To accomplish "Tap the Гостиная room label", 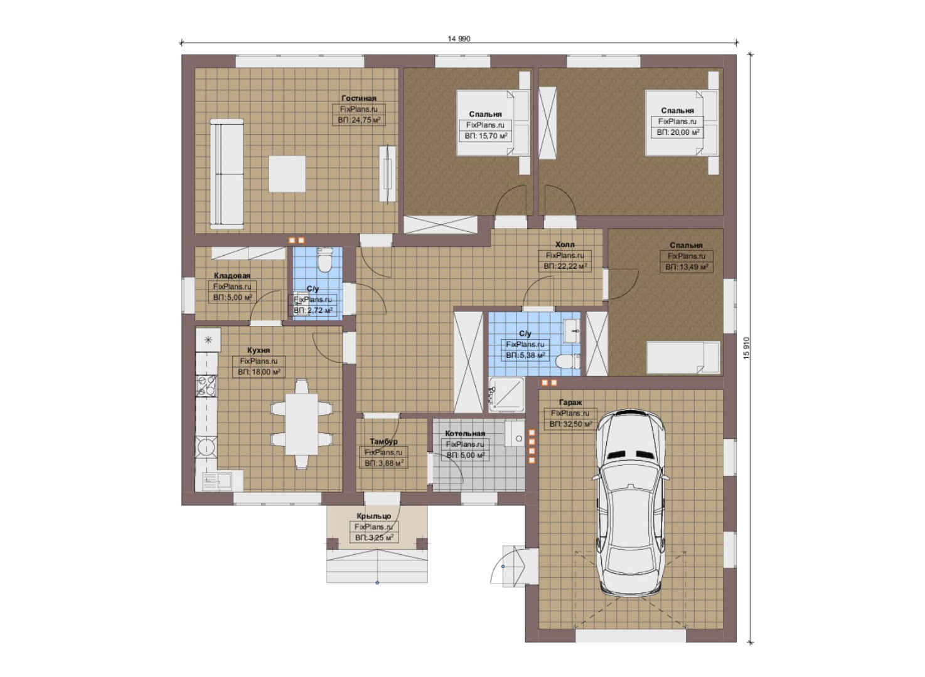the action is [x=359, y=98].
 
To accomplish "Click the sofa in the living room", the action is [x=227, y=174].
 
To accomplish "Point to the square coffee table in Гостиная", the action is [x=287, y=174].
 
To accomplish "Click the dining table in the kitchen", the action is [x=301, y=424].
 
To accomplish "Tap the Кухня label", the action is [x=259, y=350].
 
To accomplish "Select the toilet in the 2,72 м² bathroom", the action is [x=326, y=260].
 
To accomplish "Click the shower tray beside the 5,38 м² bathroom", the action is [x=506, y=395].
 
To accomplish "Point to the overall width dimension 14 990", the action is [x=459, y=39].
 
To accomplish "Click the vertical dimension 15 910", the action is [x=746, y=348].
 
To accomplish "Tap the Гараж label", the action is [x=570, y=402].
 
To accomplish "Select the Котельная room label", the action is [x=465, y=433].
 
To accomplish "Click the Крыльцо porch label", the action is [x=374, y=516].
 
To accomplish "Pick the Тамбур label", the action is [x=383, y=441].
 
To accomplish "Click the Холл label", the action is [x=565, y=244].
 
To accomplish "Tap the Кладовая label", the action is [x=232, y=276].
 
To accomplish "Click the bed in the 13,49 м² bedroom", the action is [x=683, y=358].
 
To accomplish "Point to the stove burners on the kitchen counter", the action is [x=206, y=386].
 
